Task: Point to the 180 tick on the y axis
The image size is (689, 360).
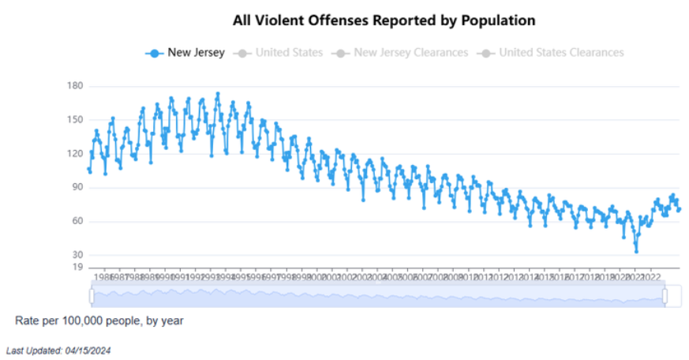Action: [x=76, y=86]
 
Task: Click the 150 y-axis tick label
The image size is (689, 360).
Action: [x=76, y=120]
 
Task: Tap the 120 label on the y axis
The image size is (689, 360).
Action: [x=76, y=154]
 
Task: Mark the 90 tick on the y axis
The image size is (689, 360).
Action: [x=77, y=188]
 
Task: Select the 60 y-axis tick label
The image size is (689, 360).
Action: [x=77, y=222]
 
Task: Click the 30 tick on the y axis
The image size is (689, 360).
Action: [x=77, y=255]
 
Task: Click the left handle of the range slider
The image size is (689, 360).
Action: [x=92, y=296]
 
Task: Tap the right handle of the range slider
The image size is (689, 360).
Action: [x=665, y=296]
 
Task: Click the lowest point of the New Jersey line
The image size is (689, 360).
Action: [x=636, y=251]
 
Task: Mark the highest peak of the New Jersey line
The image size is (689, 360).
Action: [x=218, y=93]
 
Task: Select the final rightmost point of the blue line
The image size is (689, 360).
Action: [x=679, y=209]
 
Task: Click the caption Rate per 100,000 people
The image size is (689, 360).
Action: [x=99, y=321]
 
